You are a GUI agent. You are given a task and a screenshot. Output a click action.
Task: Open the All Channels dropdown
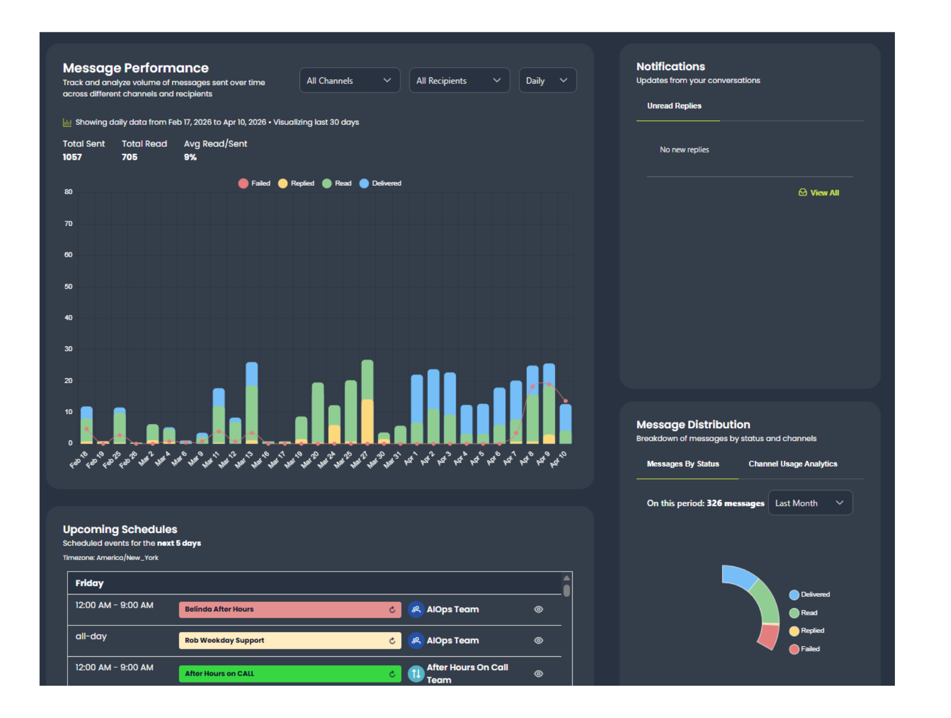[x=349, y=80]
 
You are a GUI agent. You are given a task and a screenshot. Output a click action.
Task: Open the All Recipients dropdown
[x=459, y=80]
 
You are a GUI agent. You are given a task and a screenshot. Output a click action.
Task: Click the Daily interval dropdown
[x=547, y=80]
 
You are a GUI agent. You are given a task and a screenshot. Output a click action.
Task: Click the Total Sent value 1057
[x=72, y=157]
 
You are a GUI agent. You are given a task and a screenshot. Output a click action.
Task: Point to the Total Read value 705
[x=129, y=157]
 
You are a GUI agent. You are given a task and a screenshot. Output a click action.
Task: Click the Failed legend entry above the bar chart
[x=254, y=183]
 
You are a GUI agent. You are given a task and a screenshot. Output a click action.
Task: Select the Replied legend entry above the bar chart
[x=296, y=183]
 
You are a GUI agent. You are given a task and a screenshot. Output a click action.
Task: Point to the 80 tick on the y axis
[x=68, y=192]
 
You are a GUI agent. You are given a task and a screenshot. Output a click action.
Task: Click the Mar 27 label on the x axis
[x=359, y=460]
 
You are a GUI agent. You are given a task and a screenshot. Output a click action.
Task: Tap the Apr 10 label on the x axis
[x=558, y=460]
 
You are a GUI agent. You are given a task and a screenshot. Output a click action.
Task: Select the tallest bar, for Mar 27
[x=367, y=402]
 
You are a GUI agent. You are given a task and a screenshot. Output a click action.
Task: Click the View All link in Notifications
[x=819, y=193]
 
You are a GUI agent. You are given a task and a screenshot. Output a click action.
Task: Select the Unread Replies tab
[x=674, y=106]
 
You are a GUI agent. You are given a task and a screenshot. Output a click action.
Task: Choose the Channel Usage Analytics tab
[x=793, y=464]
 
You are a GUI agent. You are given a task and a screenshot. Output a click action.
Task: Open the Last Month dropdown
[x=810, y=503]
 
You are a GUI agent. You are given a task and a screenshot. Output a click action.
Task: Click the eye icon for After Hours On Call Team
[x=538, y=674]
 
